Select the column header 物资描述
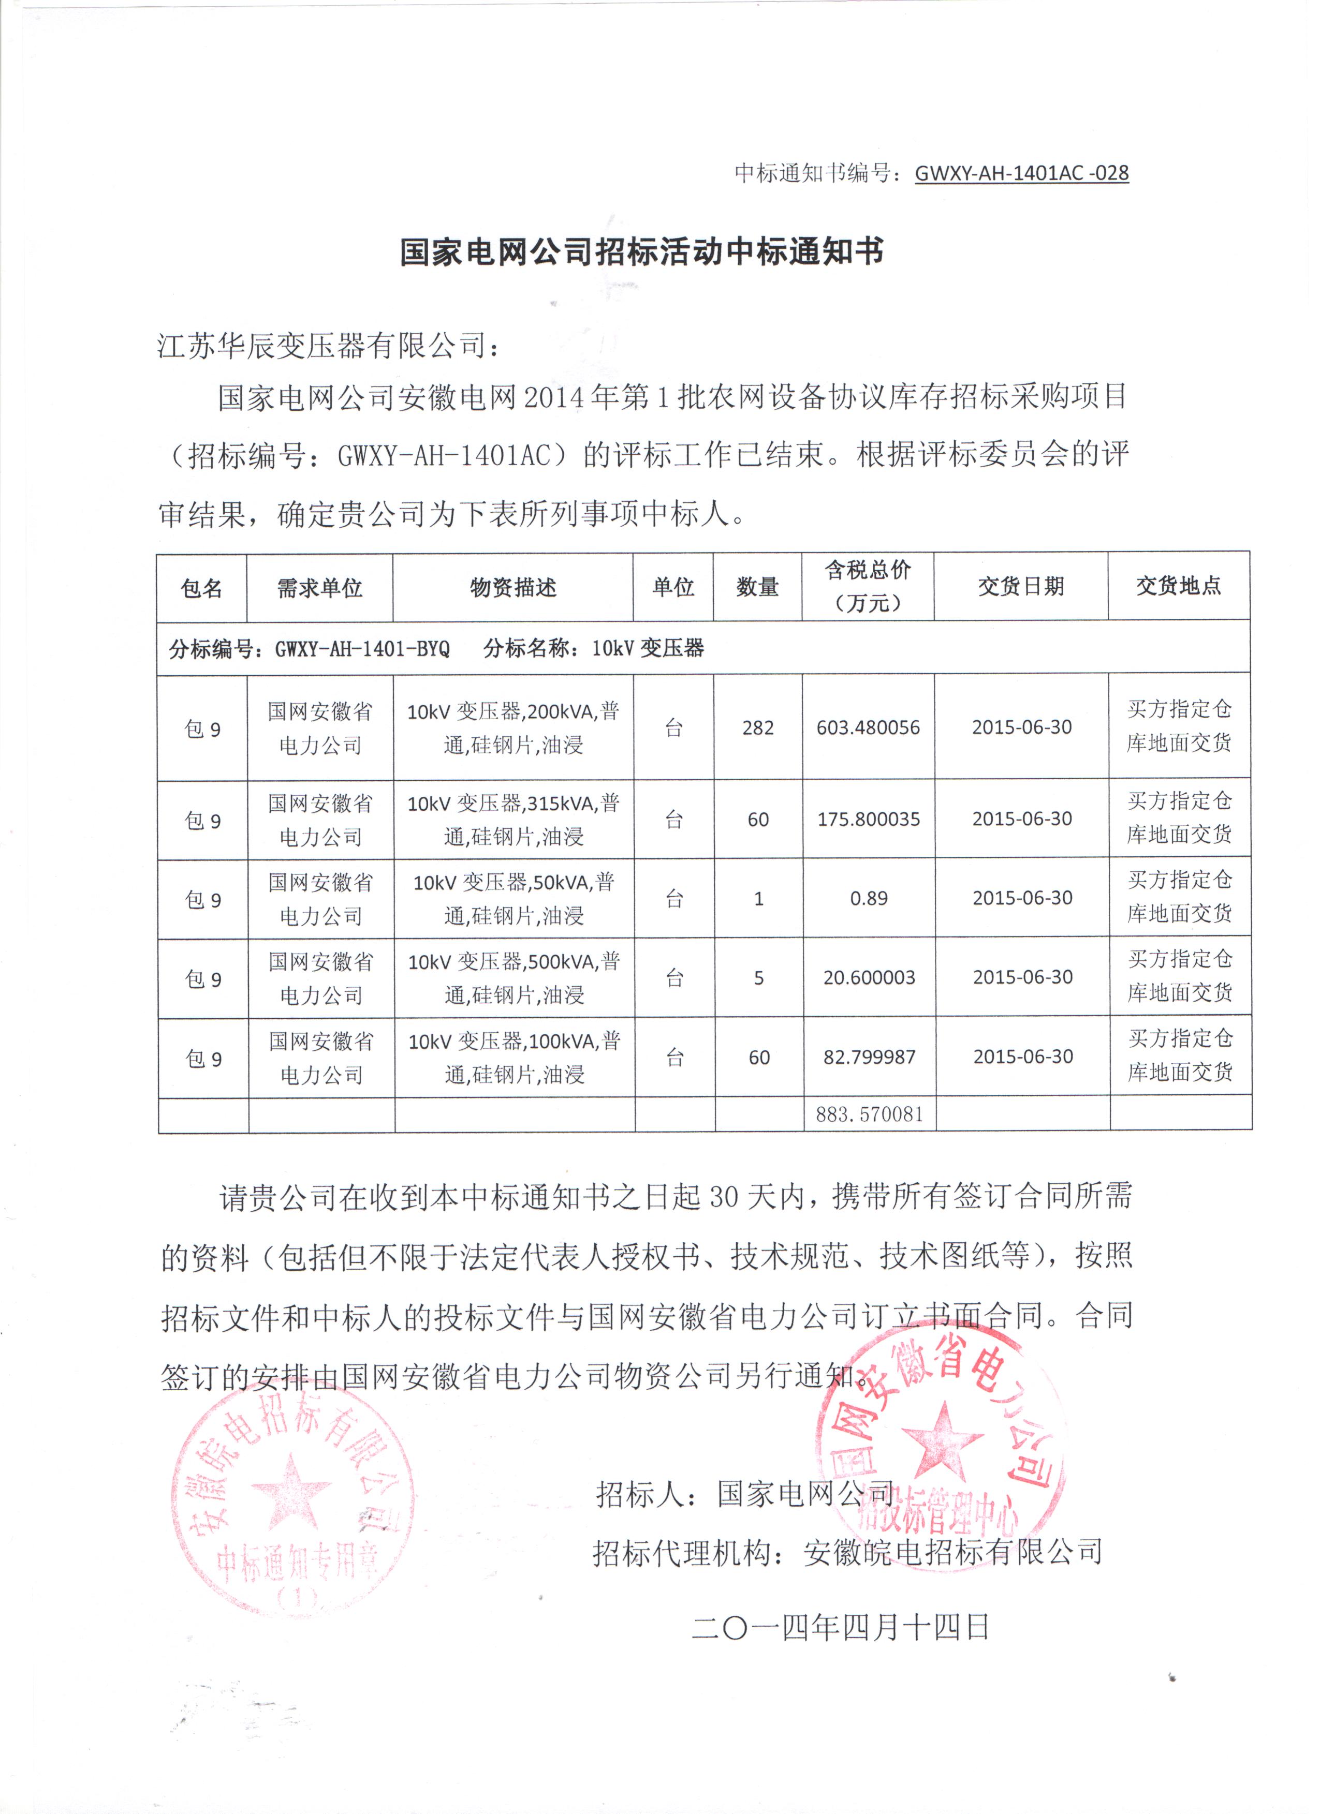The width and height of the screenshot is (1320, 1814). (513, 588)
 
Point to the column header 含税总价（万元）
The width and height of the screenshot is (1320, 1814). (868, 586)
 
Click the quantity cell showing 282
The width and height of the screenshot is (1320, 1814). (758, 728)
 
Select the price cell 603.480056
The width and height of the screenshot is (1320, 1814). (868, 728)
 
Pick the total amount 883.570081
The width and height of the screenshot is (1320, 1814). (870, 1114)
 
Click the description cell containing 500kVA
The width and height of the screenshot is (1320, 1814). (515, 977)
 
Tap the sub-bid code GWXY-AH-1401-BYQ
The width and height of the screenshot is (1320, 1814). (362, 649)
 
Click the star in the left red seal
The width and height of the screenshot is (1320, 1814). (290, 1488)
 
